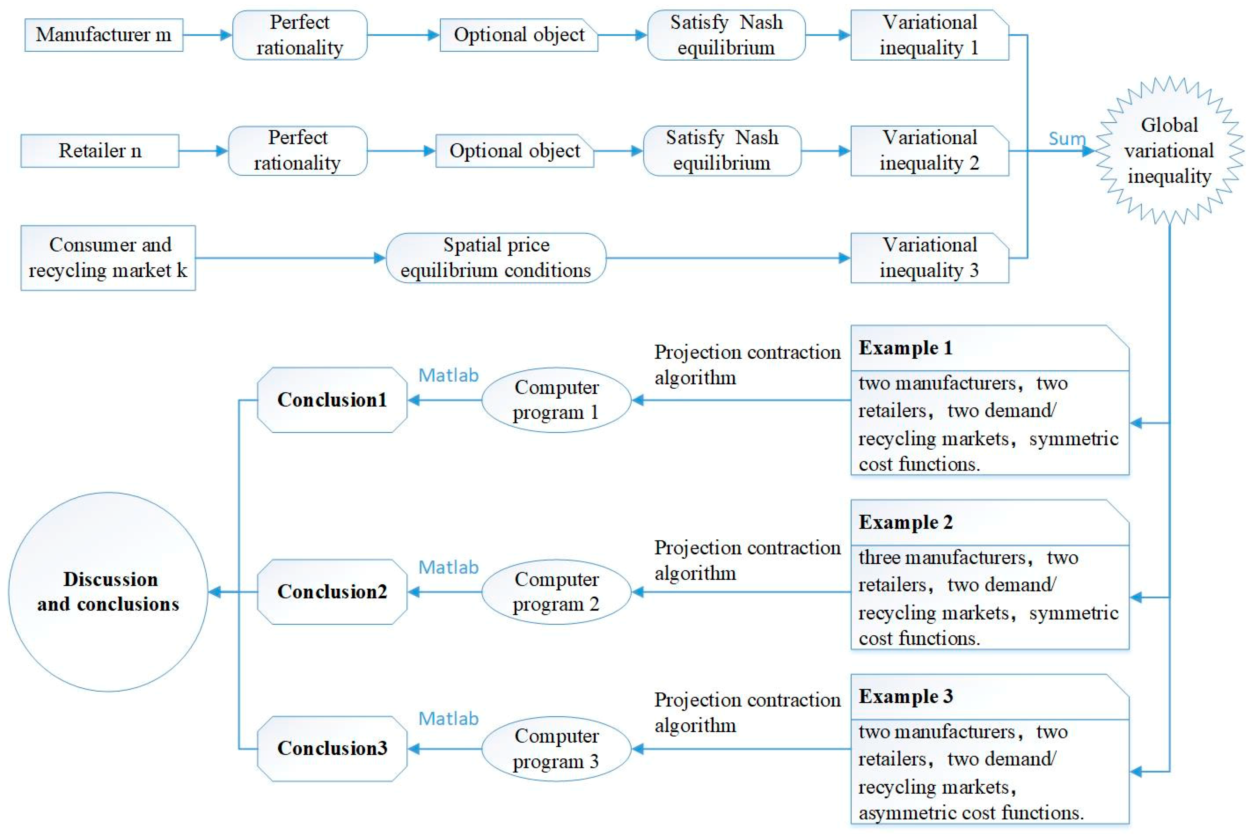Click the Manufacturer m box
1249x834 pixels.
[104, 35]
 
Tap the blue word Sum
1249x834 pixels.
[1066, 139]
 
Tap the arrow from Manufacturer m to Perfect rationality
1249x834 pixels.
[207, 35]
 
